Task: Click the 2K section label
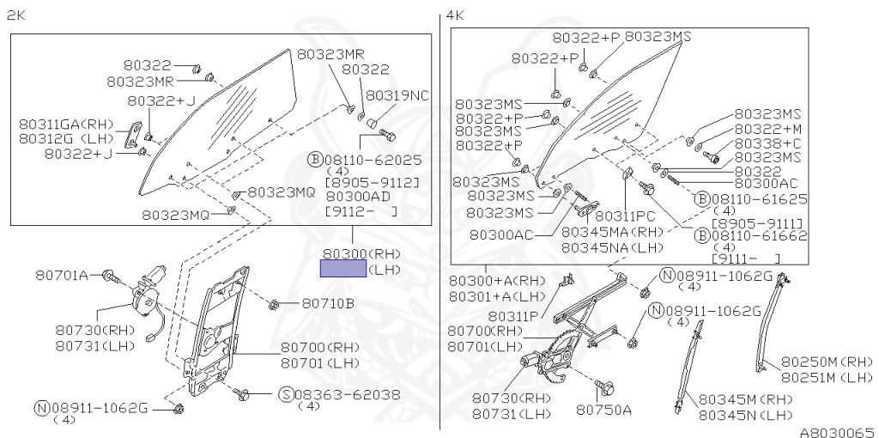click(15, 15)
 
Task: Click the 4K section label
click(455, 15)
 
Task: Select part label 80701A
click(62, 275)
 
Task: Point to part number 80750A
click(603, 409)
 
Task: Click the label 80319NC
click(397, 95)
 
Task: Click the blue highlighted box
click(343, 269)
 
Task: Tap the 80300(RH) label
click(361, 254)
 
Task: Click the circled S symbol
click(286, 394)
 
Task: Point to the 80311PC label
click(625, 216)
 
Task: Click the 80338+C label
click(767, 143)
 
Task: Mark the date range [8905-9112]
click(372, 183)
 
